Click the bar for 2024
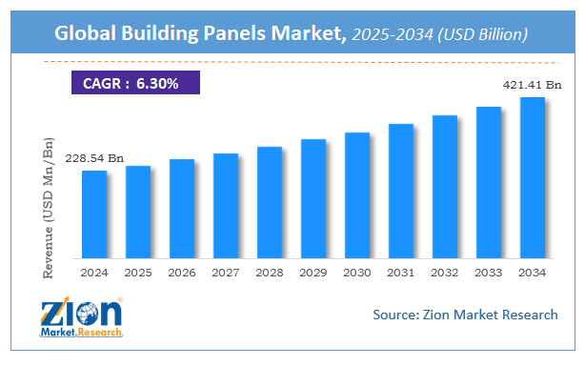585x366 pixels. click(x=94, y=214)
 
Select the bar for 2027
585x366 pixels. click(x=226, y=206)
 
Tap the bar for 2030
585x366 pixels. click(x=357, y=195)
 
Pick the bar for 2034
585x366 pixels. click(x=532, y=178)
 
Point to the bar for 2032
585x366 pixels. click(x=445, y=187)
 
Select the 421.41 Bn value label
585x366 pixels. click(x=532, y=86)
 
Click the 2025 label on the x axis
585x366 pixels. click(x=138, y=273)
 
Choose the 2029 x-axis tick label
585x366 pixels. click(x=313, y=273)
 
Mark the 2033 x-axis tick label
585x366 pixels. click(x=488, y=273)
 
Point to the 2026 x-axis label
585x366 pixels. click(x=182, y=273)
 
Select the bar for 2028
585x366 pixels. click(x=270, y=202)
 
